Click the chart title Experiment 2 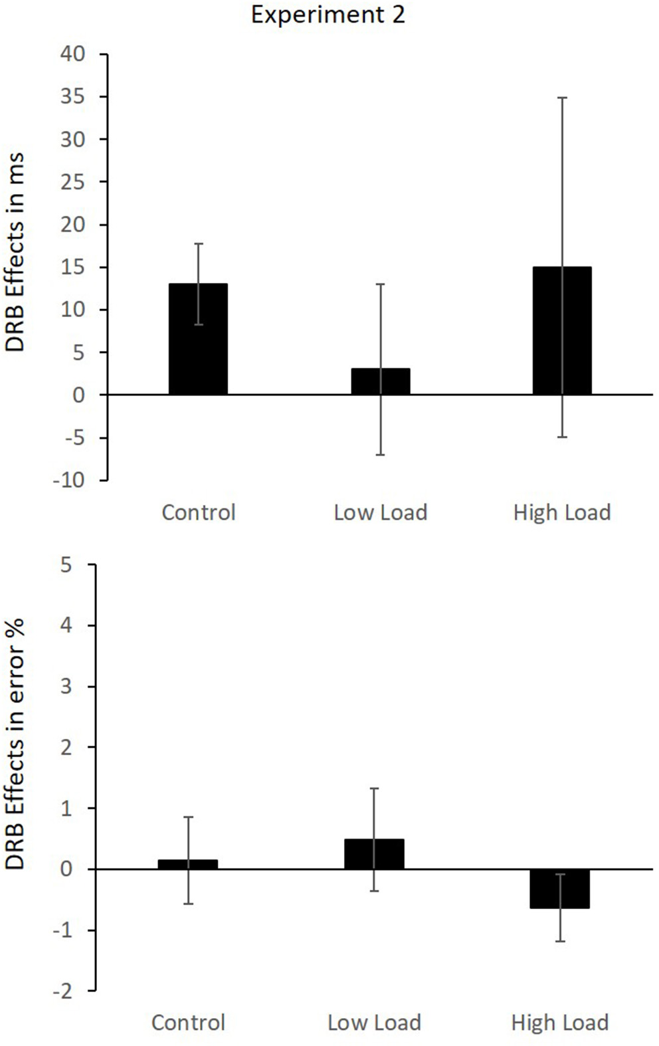[x=328, y=15]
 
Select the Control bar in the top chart [x=198, y=340]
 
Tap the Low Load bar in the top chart [x=381, y=381]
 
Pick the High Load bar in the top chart [x=562, y=331]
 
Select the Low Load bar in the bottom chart [x=374, y=855]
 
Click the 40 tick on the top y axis [x=73, y=54]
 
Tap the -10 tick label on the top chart [x=70, y=480]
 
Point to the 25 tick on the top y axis [x=73, y=182]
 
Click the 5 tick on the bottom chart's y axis [x=66, y=565]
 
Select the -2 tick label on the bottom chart [x=62, y=992]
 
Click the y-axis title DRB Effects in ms [x=15, y=253]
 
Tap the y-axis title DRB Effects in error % [x=15, y=744]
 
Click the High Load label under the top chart [x=561, y=513]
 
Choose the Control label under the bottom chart [x=188, y=1022]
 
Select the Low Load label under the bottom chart [x=374, y=1022]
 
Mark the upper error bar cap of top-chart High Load [x=562, y=98]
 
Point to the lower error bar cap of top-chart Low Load [x=381, y=455]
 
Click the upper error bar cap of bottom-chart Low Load [x=374, y=788]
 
